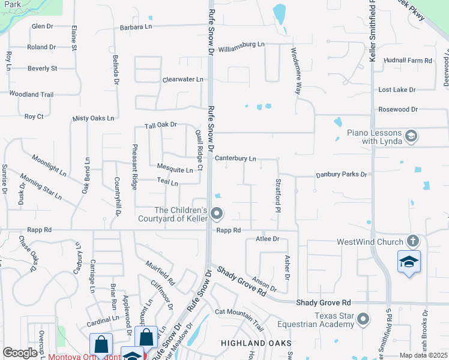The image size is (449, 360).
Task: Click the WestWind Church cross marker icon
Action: [412, 242]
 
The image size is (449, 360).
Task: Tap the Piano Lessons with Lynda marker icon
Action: [411, 136]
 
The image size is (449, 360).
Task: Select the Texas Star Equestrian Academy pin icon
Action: [363, 319]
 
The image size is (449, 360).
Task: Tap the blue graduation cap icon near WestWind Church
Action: [409, 262]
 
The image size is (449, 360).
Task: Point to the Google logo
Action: [20, 353]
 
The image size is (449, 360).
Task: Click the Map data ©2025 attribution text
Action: [423, 355]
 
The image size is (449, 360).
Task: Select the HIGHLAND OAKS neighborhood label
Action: [250, 343]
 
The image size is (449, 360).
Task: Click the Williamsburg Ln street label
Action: [241, 44]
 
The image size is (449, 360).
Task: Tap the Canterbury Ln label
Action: [236, 159]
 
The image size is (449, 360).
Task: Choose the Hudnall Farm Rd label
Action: [408, 61]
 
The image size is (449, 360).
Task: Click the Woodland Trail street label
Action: [31, 94]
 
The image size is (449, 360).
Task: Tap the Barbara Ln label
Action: [136, 27]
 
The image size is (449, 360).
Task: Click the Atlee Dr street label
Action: [268, 239]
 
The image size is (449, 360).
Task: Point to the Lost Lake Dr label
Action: [397, 89]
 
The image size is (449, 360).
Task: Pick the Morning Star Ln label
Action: [41, 186]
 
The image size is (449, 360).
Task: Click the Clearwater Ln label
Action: [183, 79]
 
